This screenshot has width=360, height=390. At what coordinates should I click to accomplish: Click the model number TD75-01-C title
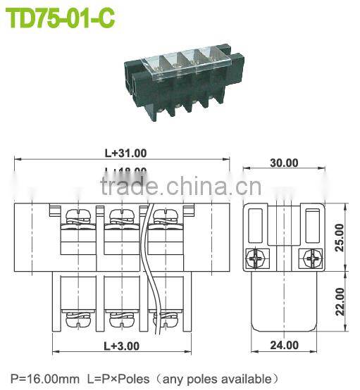tap(60, 18)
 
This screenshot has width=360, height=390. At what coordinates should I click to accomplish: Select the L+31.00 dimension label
tap(125, 153)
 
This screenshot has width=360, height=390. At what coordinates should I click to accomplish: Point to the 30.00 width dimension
tap(285, 163)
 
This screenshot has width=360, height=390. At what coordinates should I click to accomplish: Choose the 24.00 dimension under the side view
tap(285, 345)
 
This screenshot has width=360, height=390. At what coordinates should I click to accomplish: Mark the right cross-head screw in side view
tap(310, 259)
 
